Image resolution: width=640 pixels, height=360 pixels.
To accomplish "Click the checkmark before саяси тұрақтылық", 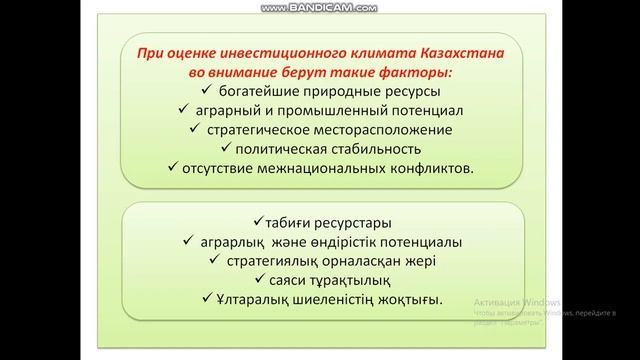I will click(x=258, y=280).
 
